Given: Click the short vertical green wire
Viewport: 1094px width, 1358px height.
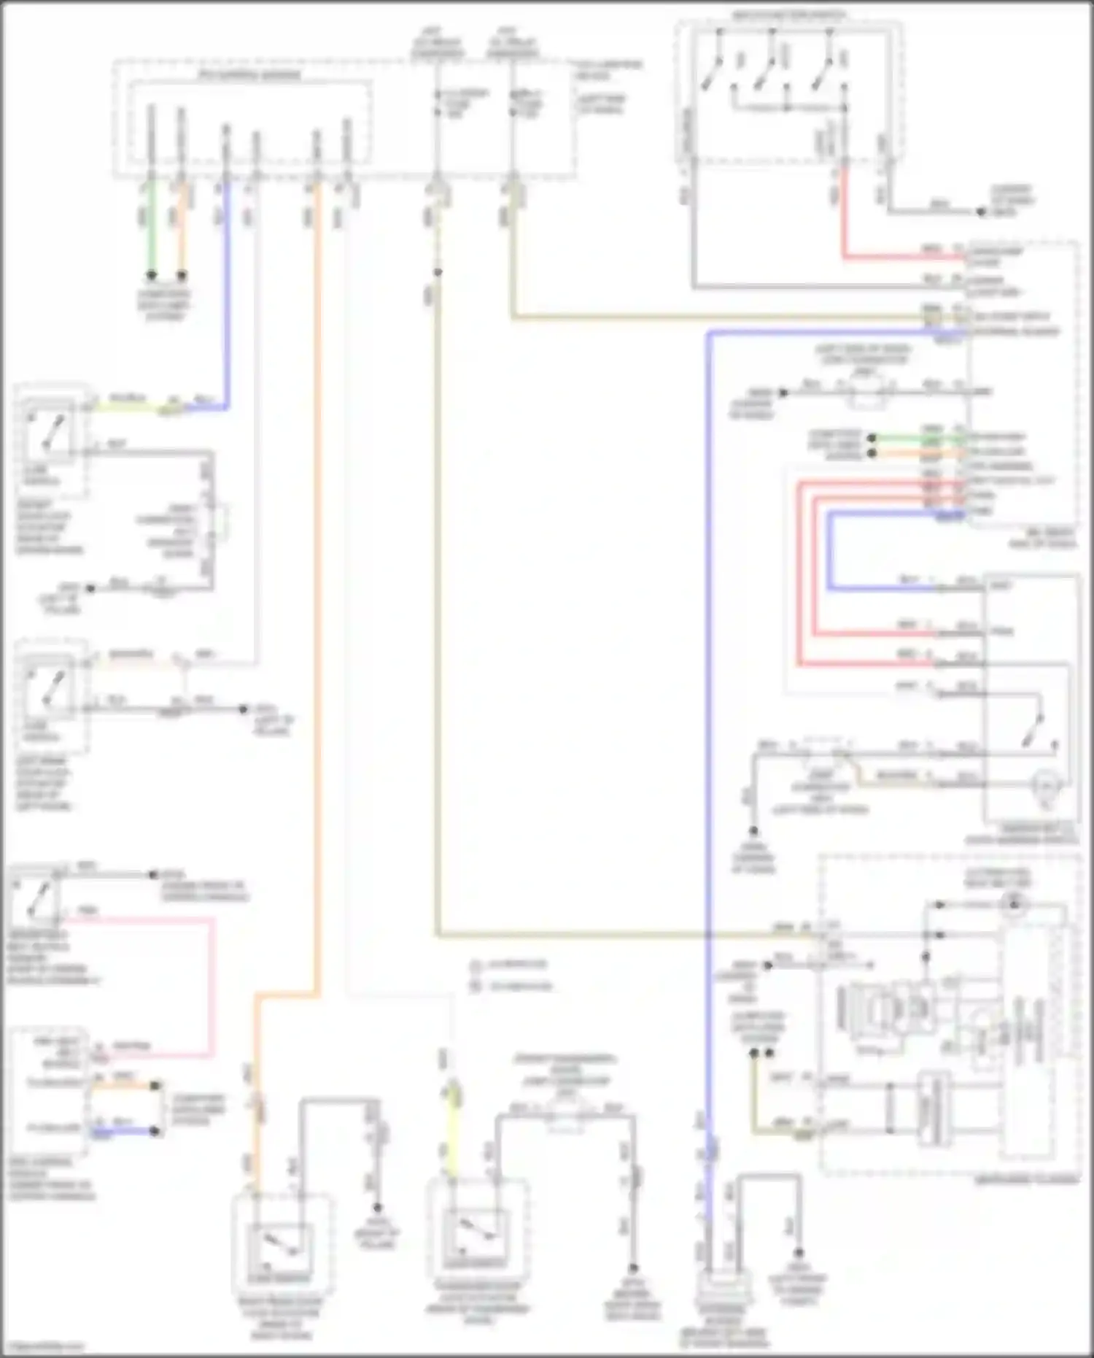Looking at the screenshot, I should click(151, 226).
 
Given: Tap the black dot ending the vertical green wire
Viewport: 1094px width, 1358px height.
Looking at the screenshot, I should click(151, 276).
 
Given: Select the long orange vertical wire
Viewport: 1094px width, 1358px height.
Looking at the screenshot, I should click(317, 584).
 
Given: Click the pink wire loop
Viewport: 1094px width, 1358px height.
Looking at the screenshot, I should click(214, 985).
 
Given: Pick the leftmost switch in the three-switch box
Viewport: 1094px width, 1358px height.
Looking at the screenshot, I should click(713, 69).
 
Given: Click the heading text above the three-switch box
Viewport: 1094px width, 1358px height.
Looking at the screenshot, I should click(789, 14).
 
